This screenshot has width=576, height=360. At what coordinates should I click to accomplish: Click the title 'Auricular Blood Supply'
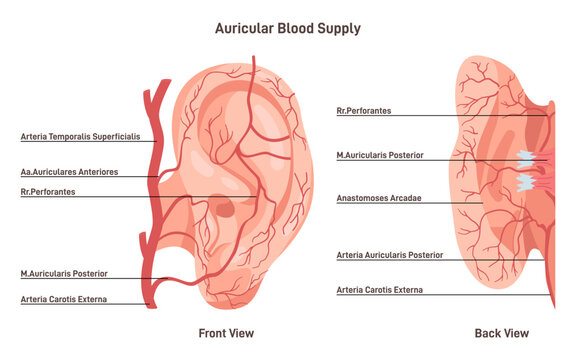pyautogui.click(x=288, y=29)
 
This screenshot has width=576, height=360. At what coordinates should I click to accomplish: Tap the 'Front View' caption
pyautogui.click(x=226, y=333)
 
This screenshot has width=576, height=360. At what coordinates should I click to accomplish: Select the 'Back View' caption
pyautogui.click(x=502, y=333)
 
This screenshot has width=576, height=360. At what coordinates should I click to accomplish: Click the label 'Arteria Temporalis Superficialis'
pyautogui.click(x=80, y=136)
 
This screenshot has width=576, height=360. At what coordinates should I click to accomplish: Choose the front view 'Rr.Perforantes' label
pyautogui.click(x=48, y=191)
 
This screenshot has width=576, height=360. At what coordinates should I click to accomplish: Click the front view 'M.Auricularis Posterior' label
pyautogui.click(x=64, y=273)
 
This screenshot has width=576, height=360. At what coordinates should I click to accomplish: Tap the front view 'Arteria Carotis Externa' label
pyautogui.click(x=64, y=299)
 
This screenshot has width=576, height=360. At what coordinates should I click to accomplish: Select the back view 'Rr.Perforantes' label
pyautogui.click(x=365, y=111)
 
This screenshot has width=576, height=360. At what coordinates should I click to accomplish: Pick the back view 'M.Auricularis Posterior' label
pyautogui.click(x=381, y=155)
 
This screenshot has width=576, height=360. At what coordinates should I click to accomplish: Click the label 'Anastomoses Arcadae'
pyautogui.click(x=379, y=198)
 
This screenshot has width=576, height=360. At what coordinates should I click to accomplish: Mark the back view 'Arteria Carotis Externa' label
pyautogui.click(x=380, y=290)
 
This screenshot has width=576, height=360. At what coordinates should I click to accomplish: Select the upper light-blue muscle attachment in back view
pyautogui.click(x=527, y=158)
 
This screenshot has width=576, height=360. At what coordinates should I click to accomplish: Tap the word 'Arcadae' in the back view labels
pyautogui.click(x=404, y=198)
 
